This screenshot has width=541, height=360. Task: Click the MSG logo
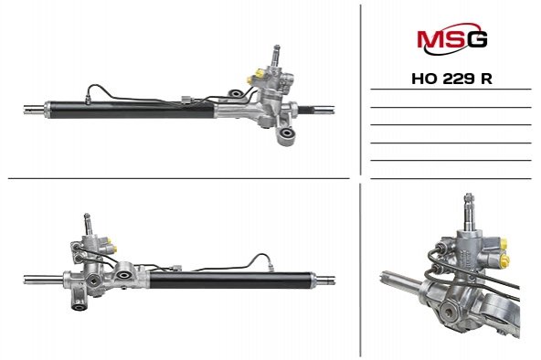[x=452, y=38]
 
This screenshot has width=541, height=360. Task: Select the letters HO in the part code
[x=425, y=79]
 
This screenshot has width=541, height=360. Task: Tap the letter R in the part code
[x=486, y=79]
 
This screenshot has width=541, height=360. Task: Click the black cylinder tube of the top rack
[x=131, y=110]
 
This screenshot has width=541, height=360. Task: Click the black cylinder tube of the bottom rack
[x=232, y=280]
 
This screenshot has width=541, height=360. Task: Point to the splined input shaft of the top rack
[x=277, y=55]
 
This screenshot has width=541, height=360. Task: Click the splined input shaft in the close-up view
[x=469, y=211]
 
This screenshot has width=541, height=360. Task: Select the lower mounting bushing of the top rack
[x=286, y=133]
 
